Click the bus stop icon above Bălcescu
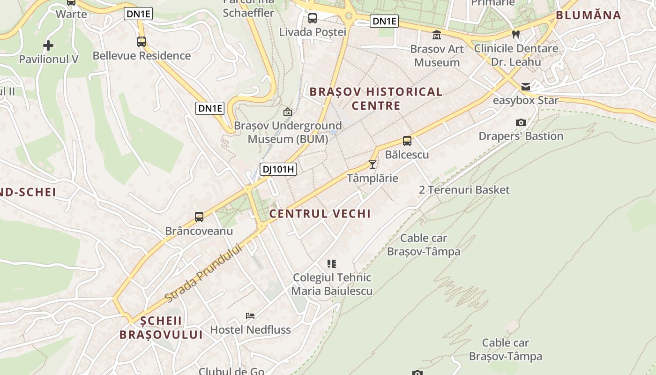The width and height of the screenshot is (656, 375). [x=407, y=141]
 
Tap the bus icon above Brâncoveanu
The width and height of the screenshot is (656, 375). [x=199, y=217]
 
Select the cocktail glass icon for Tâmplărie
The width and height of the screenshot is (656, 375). [x=373, y=165]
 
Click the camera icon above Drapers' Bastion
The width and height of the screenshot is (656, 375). [x=521, y=123]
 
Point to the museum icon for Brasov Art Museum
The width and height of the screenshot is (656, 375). [x=437, y=35]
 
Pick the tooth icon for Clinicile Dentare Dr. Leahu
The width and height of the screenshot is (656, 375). [x=516, y=34]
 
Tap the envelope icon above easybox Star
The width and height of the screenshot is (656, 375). [x=526, y=87]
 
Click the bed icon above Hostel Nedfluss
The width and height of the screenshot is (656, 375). [x=250, y=316]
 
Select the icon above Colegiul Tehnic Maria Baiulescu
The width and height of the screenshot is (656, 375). [x=332, y=264]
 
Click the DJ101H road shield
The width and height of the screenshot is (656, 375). [x=279, y=169]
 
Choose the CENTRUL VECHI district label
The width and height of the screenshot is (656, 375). [x=320, y=214]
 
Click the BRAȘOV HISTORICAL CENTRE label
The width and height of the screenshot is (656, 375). [x=376, y=98]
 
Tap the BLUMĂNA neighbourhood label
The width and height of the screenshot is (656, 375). [x=589, y=15]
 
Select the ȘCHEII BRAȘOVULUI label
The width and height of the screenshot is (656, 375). [x=161, y=328]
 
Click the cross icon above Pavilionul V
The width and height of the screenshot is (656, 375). [x=48, y=45]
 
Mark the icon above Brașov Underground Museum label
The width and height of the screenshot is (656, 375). [x=288, y=112]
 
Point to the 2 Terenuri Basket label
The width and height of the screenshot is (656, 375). [x=464, y=190]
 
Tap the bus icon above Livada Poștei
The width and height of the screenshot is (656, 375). [x=313, y=18]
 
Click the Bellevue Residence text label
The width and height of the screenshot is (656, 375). [x=142, y=56]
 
